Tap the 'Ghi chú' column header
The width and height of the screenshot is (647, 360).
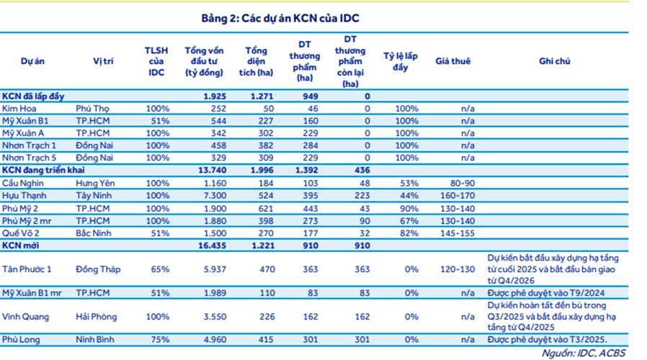554,62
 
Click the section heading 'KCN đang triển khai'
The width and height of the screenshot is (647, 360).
43,170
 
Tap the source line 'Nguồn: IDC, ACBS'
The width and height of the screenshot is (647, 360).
591,353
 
